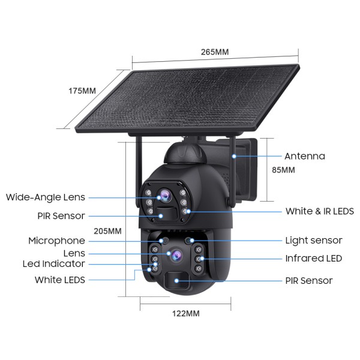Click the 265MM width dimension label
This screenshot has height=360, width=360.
[x=215, y=52]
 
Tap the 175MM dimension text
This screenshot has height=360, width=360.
[x=82, y=91]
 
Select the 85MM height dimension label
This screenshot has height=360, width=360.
[x=283, y=170]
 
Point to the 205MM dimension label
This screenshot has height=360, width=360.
[x=107, y=231]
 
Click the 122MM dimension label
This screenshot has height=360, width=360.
[x=186, y=314]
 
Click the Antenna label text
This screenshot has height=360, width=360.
[x=305, y=157]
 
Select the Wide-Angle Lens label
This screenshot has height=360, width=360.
[x=46, y=197]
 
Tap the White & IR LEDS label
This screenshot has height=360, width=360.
[x=320, y=211]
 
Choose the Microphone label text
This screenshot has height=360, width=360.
[x=56, y=241]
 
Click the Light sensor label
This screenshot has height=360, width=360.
[x=314, y=241]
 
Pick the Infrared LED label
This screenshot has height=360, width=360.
[x=314, y=259]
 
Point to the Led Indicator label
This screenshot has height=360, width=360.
[x=54, y=264]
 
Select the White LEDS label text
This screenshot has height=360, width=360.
[x=59, y=280]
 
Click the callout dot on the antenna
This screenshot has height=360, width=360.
[x=234, y=157]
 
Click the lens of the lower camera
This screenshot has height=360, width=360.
[x=176, y=255]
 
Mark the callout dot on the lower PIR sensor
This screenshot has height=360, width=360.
[x=176, y=281]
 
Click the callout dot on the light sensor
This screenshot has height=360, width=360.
[x=192, y=241]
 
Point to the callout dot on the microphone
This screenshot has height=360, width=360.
[x=161, y=241]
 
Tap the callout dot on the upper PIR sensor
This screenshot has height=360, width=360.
[x=161, y=216]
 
